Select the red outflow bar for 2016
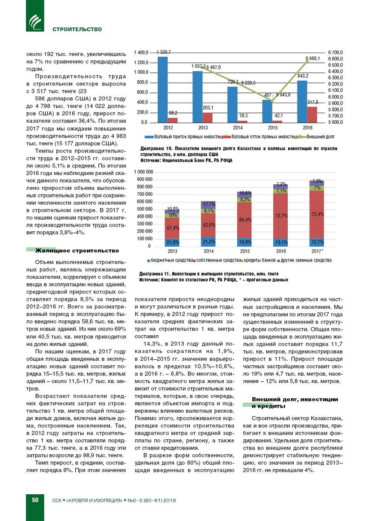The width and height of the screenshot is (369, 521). [312, 115]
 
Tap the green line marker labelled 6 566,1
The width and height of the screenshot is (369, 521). [307, 61]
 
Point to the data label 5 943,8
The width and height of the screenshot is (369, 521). [283, 95]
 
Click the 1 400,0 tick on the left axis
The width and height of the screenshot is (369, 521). [141, 53]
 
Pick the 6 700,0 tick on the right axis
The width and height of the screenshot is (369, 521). [335, 53]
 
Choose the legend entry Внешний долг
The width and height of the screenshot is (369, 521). [320, 137]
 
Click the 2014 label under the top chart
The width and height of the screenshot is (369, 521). [238, 128]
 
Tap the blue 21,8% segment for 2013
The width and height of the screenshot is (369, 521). [172, 243]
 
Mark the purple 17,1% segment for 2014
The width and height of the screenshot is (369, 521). [209, 205]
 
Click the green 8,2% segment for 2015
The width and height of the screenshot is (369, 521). [245, 200]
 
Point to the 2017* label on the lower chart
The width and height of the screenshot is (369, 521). [317, 251]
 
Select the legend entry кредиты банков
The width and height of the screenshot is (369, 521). [259, 260]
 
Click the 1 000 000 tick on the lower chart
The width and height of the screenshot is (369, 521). [143, 172]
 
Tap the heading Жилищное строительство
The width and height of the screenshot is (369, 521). [77, 251]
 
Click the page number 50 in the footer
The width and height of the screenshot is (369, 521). [35, 500]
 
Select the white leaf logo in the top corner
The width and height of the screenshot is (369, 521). [35, 22]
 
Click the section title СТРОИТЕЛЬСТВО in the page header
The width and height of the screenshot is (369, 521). [77, 29]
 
